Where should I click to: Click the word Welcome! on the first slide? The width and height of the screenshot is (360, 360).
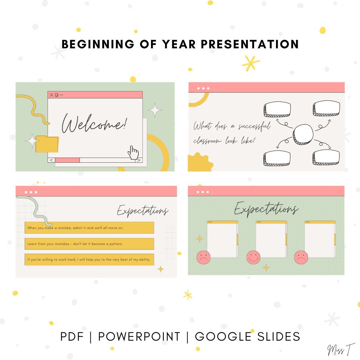tap(95, 123)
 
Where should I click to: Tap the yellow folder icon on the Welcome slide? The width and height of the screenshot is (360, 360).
tap(47, 144)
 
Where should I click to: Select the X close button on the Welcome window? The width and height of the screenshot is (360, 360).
tap(51, 95)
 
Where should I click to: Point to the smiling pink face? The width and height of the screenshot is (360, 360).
tap(253, 257)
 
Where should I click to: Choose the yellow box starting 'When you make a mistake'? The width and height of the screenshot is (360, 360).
tap(89, 228)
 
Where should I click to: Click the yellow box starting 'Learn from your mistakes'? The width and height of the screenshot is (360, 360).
tap(89, 244)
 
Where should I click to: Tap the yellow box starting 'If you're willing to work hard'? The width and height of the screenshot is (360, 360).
tap(89, 259)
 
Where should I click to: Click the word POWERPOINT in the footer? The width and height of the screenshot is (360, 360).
tap(139, 336)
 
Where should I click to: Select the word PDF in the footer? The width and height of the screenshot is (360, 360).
tap(72, 336)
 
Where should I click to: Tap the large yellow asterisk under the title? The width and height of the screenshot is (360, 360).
tap(251, 63)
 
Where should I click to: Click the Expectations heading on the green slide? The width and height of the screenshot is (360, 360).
tap(266, 209)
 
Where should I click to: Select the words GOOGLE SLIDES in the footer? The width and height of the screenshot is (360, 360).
tap(247, 336)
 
